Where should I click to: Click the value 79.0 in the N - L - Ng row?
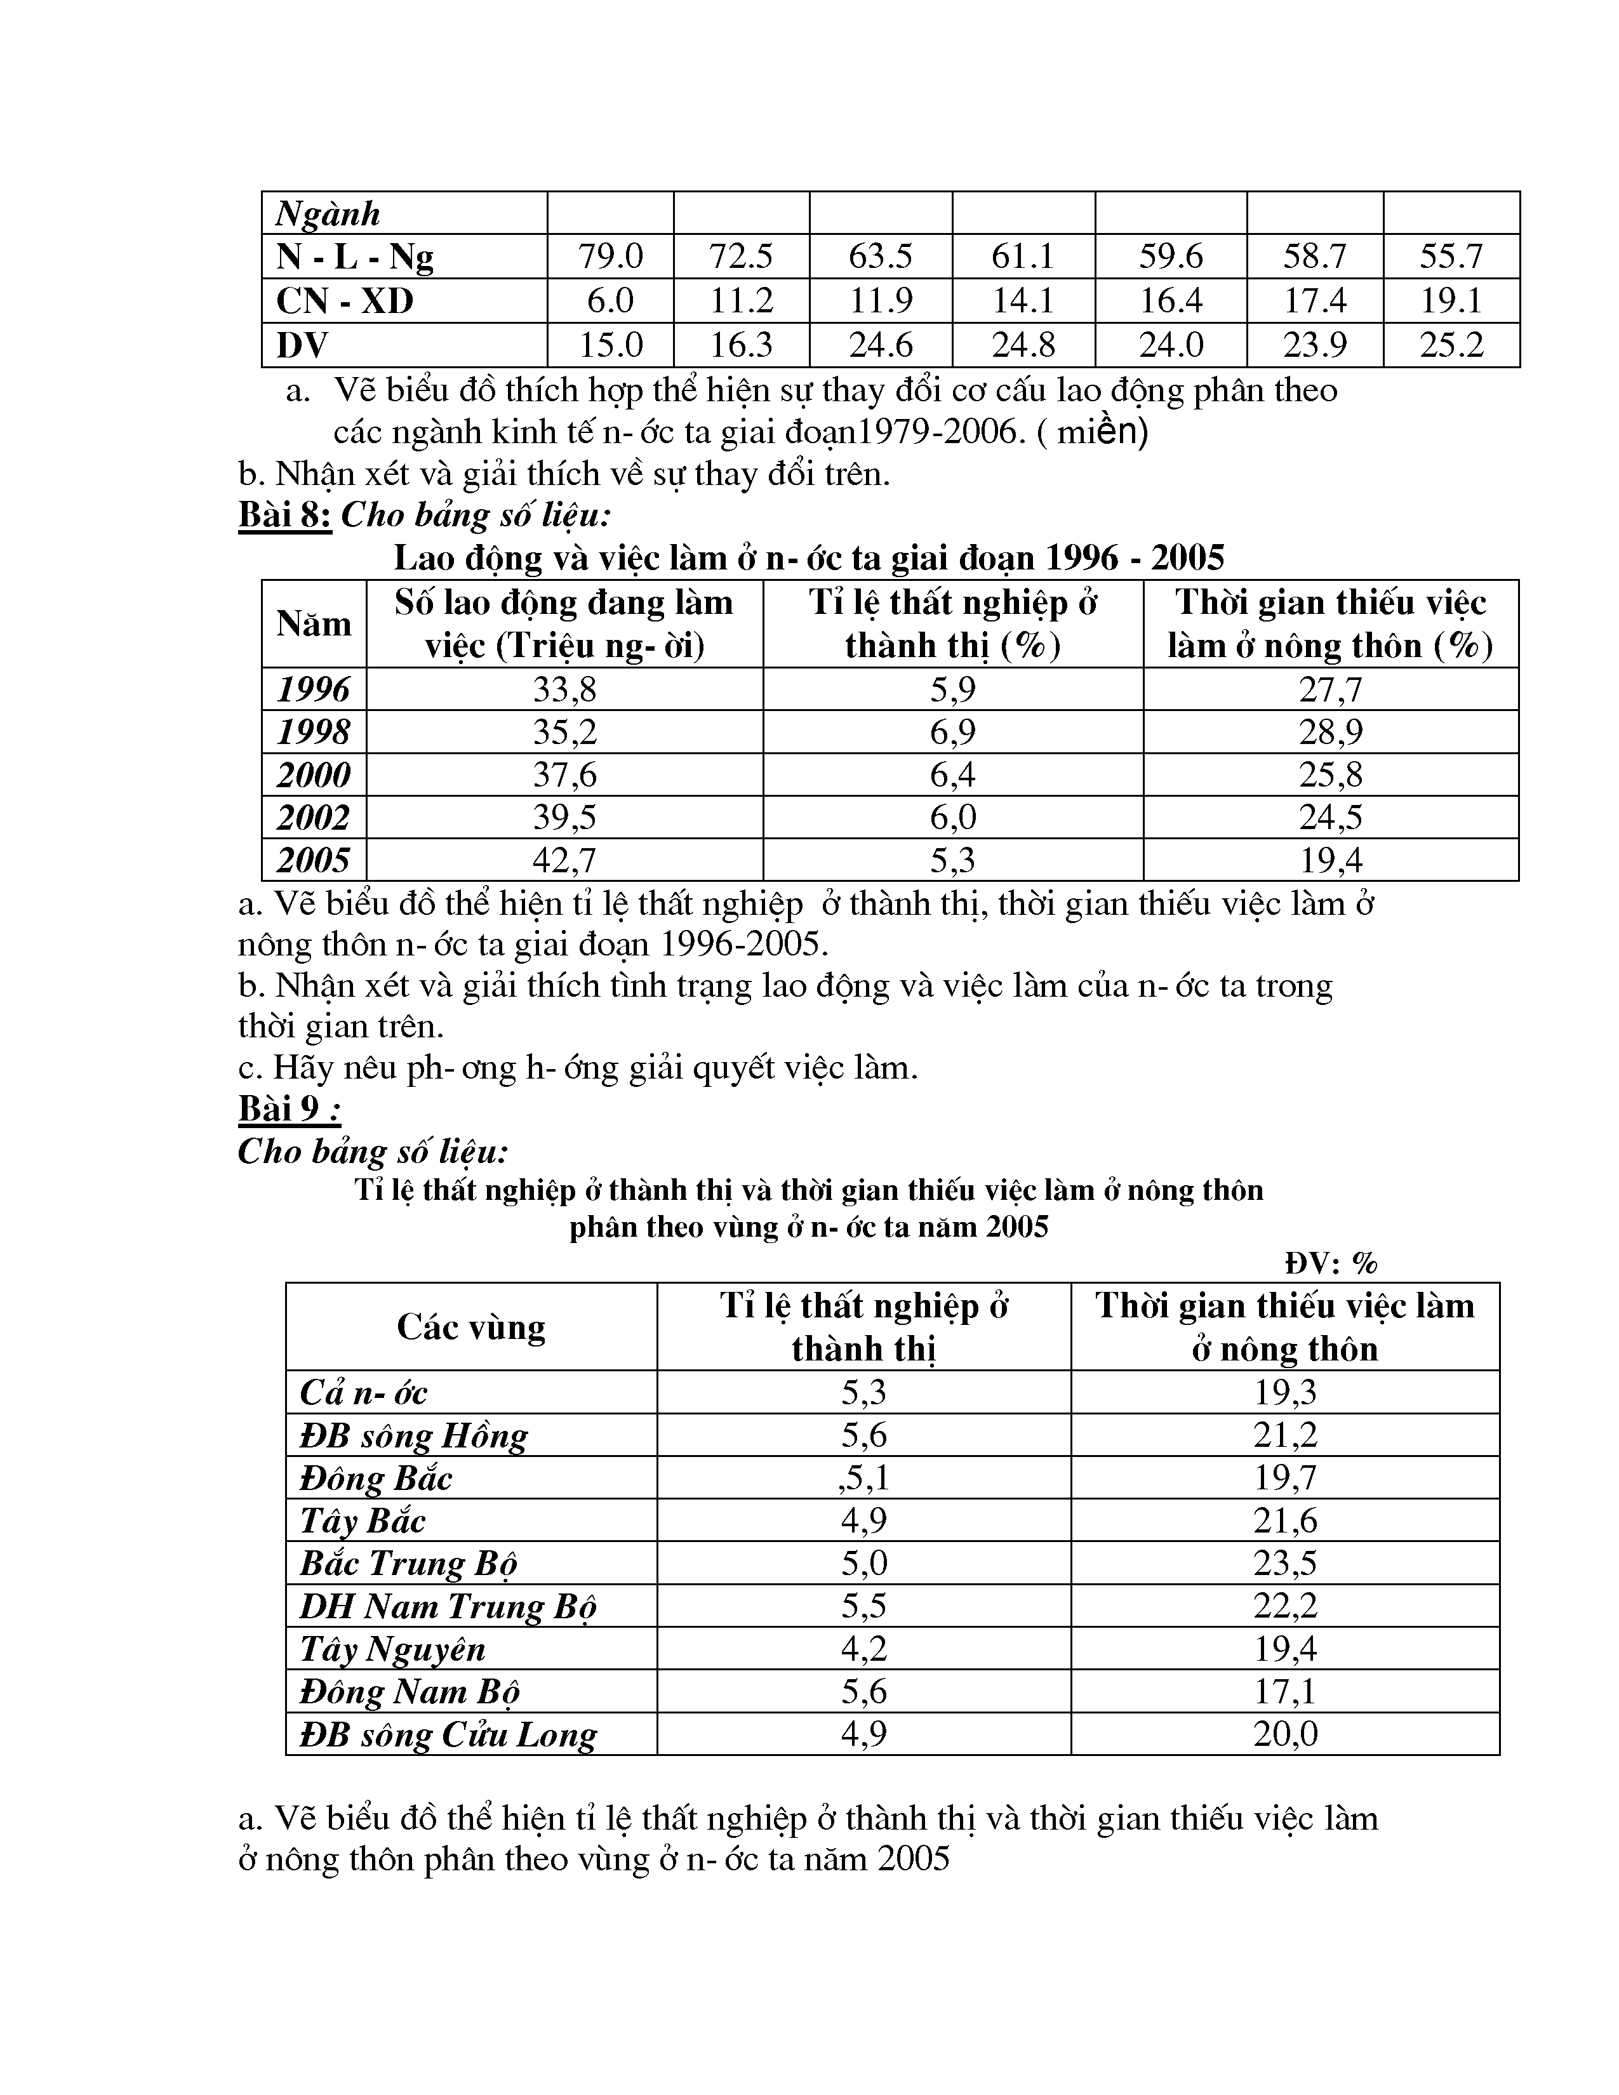[x=610, y=256]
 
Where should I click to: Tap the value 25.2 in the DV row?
[x=1451, y=344]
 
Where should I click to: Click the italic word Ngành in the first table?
[x=328, y=213]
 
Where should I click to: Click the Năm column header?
[x=314, y=623]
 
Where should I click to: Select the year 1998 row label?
[x=314, y=732]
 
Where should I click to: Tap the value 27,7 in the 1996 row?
[x=1330, y=689]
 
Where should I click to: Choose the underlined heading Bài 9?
[x=289, y=1109]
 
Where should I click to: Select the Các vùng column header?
[x=471, y=1327]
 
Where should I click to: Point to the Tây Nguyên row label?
[x=392, y=1648]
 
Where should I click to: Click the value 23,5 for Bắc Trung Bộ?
[x=1285, y=1562]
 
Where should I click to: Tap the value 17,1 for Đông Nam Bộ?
[x=1285, y=1691]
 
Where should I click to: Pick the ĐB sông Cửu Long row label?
[x=448, y=1734]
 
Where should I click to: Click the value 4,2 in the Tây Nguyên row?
[x=864, y=1648]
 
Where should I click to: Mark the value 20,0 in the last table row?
[x=1285, y=1734]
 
